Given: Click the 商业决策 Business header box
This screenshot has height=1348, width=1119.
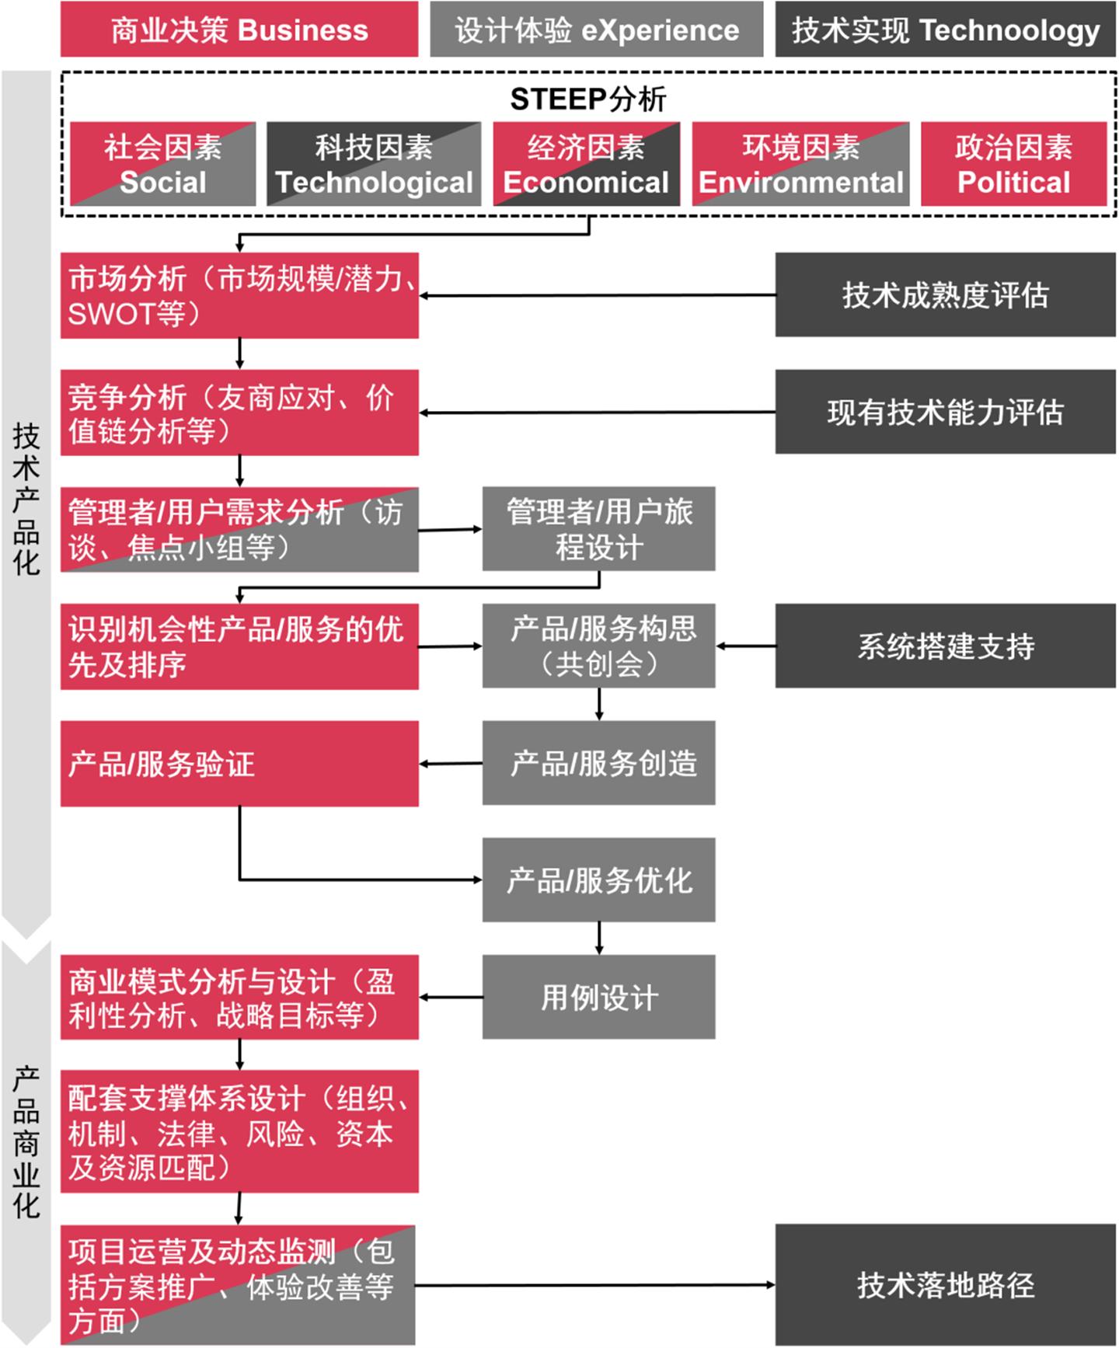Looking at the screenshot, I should pyautogui.click(x=239, y=30).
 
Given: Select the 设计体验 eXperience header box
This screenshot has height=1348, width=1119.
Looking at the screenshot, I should pyautogui.click(x=596, y=30).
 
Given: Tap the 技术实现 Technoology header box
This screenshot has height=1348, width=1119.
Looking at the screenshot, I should pyautogui.click(x=945, y=30).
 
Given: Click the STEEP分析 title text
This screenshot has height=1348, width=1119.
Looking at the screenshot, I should pyautogui.click(x=588, y=99).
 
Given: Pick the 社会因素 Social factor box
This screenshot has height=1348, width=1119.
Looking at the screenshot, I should pyautogui.click(x=162, y=164).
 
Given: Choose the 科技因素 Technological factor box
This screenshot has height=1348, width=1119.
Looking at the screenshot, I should pyautogui.click(x=374, y=164).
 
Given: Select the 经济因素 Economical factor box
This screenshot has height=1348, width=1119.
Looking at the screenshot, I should pyautogui.click(x=586, y=164).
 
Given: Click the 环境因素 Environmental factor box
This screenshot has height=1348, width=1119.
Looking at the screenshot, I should pyautogui.click(x=800, y=164).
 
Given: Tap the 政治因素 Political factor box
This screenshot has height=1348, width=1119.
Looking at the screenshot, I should pyautogui.click(x=1013, y=164).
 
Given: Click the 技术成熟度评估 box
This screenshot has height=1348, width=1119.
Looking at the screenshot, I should pyautogui.click(x=945, y=295).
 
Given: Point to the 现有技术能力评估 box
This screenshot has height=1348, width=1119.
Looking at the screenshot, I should pyautogui.click(x=945, y=412).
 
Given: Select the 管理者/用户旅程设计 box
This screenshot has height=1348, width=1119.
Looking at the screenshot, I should pyautogui.click(x=598, y=529).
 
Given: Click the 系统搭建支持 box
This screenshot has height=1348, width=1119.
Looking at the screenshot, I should pyautogui.click(x=945, y=646).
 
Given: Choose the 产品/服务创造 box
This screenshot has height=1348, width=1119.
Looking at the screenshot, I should pyautogui.click(x=598, y=763).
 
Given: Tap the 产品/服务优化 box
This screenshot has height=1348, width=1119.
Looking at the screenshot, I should pyautogui.click(x=598, y=880).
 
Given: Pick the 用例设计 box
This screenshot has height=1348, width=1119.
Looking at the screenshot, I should pyautogui.click(x=598, y=997).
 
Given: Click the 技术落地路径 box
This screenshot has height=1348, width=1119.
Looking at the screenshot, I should pyautogui.click(x=945, y=1285).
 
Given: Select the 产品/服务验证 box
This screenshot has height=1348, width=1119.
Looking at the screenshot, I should pyautogui.click(x=239, y=764).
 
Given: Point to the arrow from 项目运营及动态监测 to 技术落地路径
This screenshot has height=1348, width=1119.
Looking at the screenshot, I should pyautogui.click(x=595, y=1285).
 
